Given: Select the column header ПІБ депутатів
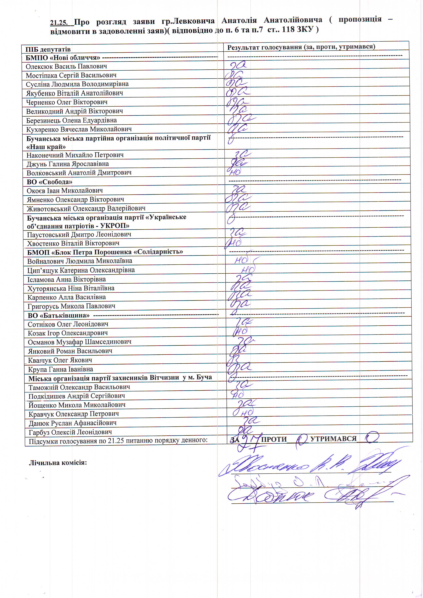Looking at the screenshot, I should click(48, 49).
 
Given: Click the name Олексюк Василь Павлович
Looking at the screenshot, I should click(66, 66).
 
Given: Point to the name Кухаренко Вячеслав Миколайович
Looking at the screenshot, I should click(79, 129).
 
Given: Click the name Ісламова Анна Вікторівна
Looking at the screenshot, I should click(67, 279).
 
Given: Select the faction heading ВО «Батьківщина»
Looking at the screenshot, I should click(59, 315).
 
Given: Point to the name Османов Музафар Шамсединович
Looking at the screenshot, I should click(79, 342).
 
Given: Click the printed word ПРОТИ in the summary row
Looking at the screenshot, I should click(274, 439).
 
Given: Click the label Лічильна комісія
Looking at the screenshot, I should click(58, 463).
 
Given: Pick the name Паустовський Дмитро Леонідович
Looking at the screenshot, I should click(79, 234).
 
